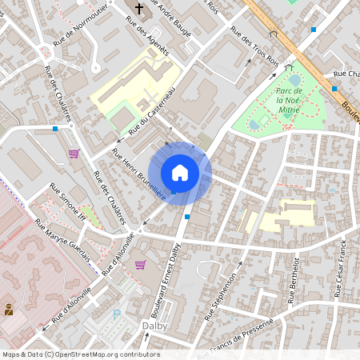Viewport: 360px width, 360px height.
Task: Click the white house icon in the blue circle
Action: point(180,172)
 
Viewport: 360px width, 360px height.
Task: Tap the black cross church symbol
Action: point(138,9)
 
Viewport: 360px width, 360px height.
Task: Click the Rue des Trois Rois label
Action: point(254,46)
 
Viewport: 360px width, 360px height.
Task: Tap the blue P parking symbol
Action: point(118,314)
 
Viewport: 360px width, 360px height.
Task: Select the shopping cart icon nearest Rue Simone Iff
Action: point(74,154)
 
